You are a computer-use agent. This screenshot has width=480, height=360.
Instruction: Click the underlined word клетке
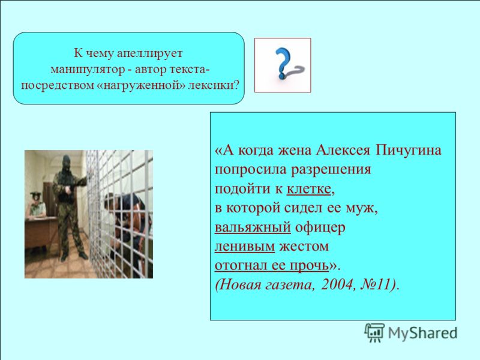pos(308,189)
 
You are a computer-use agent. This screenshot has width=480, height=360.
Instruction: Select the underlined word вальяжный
pos(253,227)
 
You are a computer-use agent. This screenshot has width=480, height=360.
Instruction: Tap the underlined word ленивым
pos(245,247)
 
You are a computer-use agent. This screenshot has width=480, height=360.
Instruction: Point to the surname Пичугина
pos(409,151)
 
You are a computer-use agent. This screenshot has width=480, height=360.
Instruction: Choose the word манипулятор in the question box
pos(88,70)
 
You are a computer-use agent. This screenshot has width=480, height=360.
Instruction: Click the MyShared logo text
pos(422,333)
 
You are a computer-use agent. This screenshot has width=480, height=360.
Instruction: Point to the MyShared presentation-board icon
pos(374,332)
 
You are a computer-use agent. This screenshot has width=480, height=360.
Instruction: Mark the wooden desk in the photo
pos(41,232)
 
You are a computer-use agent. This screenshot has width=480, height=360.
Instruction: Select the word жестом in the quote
pos(304,247)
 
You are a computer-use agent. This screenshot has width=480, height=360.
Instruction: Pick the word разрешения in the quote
pos(331,170)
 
